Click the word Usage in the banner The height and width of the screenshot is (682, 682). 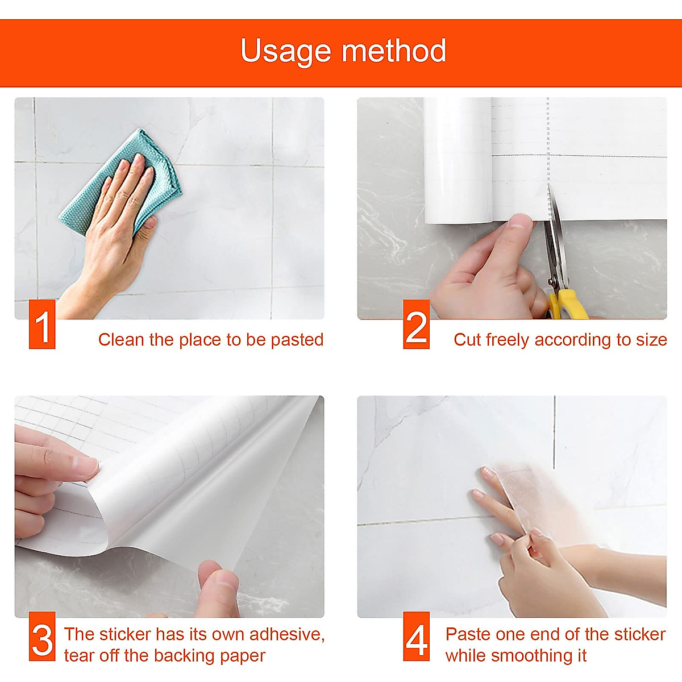286,51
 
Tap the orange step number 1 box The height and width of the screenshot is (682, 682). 42,324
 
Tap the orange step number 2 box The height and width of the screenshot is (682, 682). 416,324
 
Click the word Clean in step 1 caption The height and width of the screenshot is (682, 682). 121,340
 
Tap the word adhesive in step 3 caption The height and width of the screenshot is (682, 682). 287,635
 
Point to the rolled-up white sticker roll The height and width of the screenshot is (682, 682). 458,161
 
